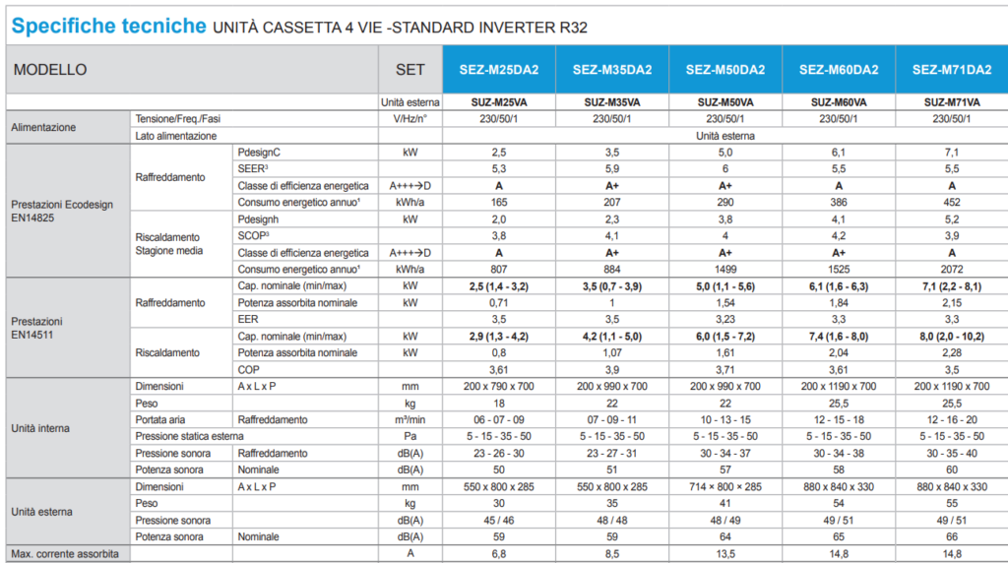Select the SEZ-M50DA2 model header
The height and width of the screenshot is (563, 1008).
click(x=725, y=70)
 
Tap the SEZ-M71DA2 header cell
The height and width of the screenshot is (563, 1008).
click(x=952, y=70)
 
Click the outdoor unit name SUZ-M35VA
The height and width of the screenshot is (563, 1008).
click(x=611, y=102)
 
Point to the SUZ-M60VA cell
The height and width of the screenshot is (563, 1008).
click(x=839, y=102)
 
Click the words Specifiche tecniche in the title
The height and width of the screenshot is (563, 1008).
click(x=109, y=27)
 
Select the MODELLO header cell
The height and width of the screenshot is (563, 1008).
click(x=50, y=70)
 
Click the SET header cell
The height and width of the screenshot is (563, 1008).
click(x=410, y=70)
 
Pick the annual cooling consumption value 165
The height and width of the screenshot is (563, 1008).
click(x=498, y=202)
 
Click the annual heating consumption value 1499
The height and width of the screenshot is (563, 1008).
click(x=725, y=269)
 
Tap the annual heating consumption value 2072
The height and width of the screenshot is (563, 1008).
click(x=952, y=269)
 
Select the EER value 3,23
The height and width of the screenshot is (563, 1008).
click(x=725, y=319)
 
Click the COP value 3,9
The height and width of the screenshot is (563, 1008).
click(x=611, y=369)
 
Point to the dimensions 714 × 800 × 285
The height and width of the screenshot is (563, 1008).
click(x=725, y=486)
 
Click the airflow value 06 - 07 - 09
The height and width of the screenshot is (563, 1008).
click(x=498, y=419)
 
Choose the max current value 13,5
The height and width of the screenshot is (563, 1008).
click(x=725, y=554)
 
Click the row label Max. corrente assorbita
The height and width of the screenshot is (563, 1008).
click(x=65, y=554)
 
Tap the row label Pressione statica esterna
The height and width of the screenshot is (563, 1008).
click(x=189, y=436)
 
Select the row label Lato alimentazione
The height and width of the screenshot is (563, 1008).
click(x=176, y=136)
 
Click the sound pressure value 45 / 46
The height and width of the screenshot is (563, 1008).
click(x=498, y=520)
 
